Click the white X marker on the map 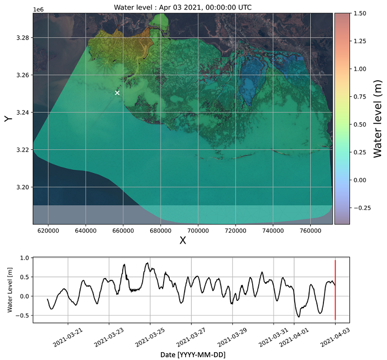[x=117, y=93]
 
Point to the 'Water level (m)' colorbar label [x=378, y=118]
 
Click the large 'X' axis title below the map [x=182, y=241]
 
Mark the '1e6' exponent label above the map [x=38, y=10]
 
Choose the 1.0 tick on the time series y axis [x=24, y=258]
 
